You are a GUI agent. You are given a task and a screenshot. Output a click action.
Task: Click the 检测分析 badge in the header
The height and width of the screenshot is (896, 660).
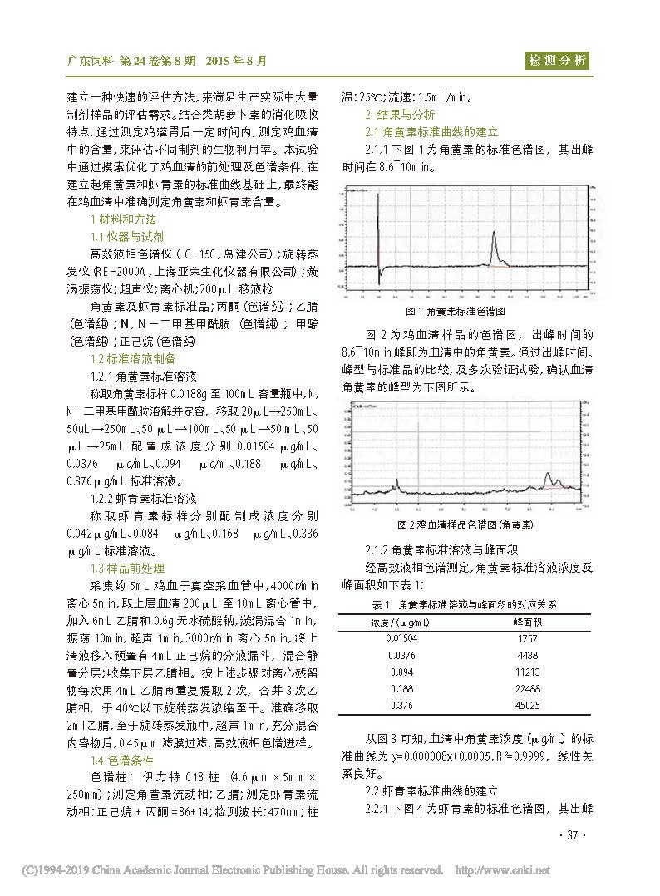557,60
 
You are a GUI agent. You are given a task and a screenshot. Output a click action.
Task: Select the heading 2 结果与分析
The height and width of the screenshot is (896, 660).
400,115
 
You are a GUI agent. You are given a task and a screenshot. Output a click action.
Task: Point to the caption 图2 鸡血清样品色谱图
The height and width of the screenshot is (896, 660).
466,525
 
